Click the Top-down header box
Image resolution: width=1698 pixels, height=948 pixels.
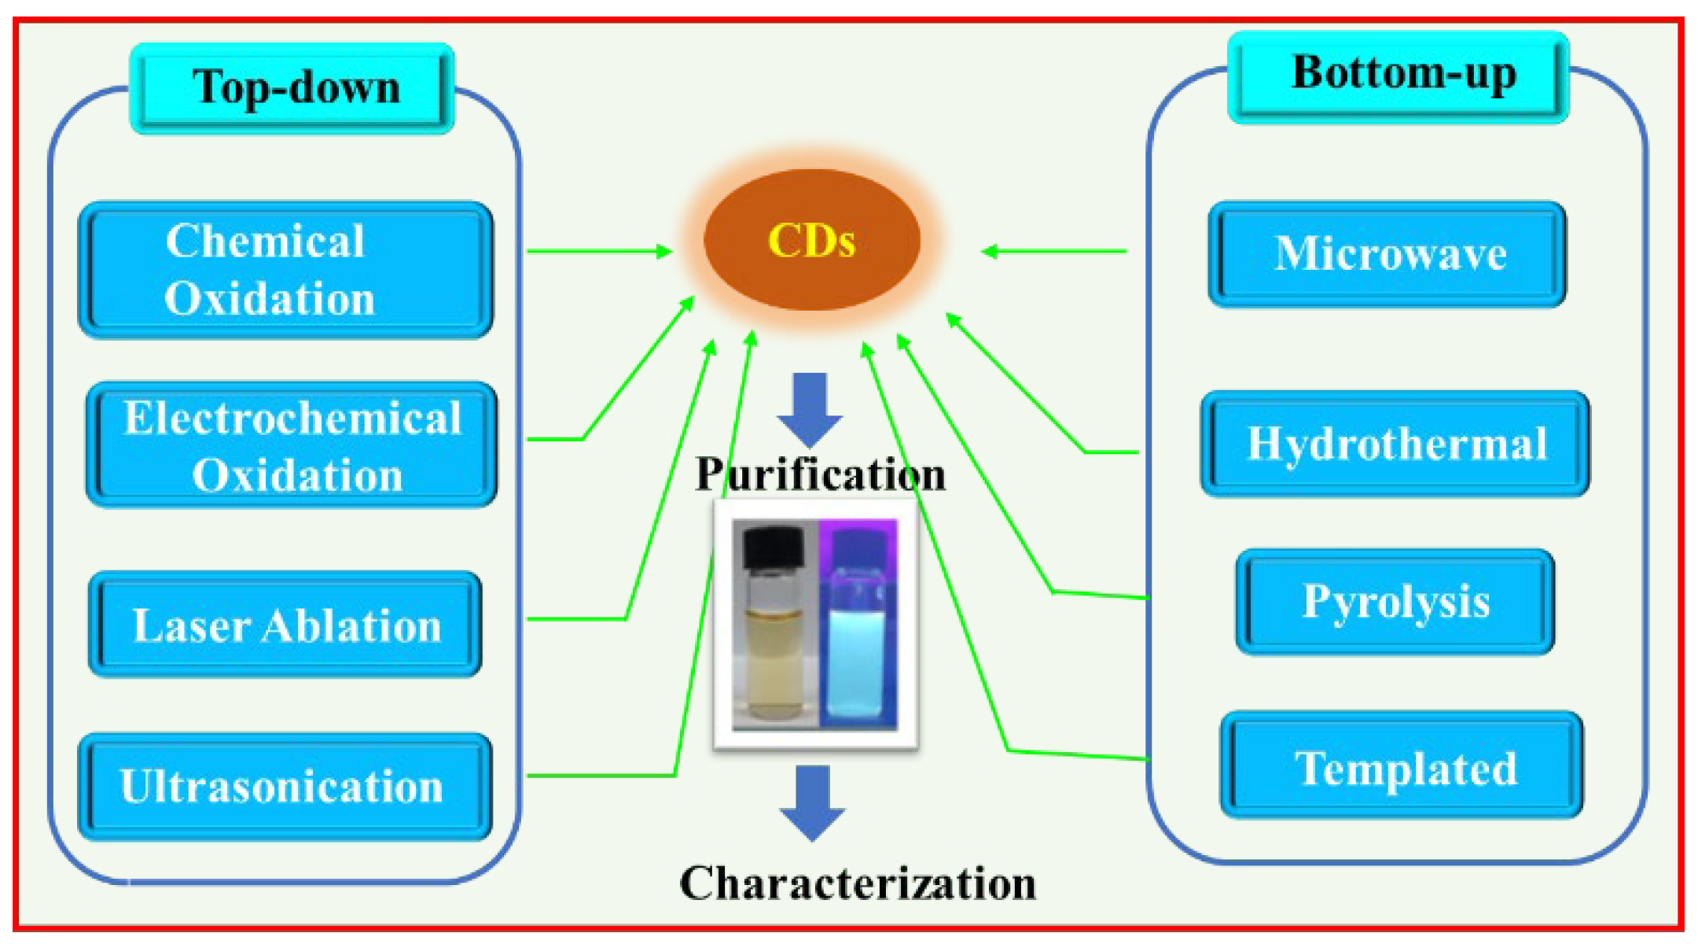pyautogui.click(x=292, y=88)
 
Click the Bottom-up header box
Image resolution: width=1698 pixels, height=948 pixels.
pyautogui.click(x=1398, y=76)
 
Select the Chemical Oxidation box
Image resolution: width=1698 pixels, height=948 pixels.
pyautogui.click(x=285, y=270)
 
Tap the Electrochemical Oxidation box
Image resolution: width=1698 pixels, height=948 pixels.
pyautogui.click(x=292, y=445)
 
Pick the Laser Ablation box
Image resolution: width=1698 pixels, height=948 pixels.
pyautogui.click(x=285, y=625)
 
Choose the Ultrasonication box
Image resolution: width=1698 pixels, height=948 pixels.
pyautogui.click(x=285, y=786)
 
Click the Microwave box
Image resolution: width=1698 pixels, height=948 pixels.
pyautogui.click(x=1387, y=254)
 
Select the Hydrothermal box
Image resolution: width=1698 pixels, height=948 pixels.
pyautogui.click(x=1395, y=444)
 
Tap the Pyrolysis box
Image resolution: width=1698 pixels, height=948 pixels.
pyautogui.click(x=1395, y=602)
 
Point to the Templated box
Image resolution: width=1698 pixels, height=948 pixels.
pyautogui.click(x=1402, y=766)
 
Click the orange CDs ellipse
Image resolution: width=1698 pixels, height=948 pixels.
pyautogui.click(x=811, y=240)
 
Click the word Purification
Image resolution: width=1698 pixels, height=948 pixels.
pyautogui.click(x=820, y=474)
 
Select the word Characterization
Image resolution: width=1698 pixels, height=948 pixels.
pyautogui.click(x=858, y=883)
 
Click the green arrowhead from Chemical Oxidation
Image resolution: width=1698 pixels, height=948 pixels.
pyautogui.click(x=665, y=251)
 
